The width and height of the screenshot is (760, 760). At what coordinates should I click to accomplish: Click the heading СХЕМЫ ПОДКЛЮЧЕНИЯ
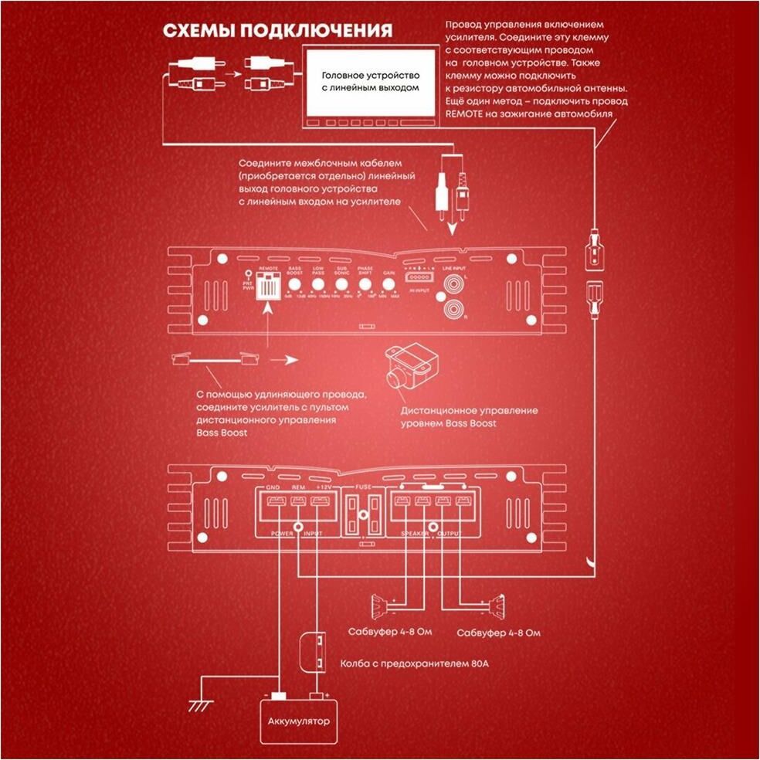(277, 31)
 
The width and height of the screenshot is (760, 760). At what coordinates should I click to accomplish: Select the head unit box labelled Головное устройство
(370, 83)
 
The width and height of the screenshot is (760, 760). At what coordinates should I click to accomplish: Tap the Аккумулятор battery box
(298, 722)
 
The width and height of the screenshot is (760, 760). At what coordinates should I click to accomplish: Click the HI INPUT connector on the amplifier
(419, 277)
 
